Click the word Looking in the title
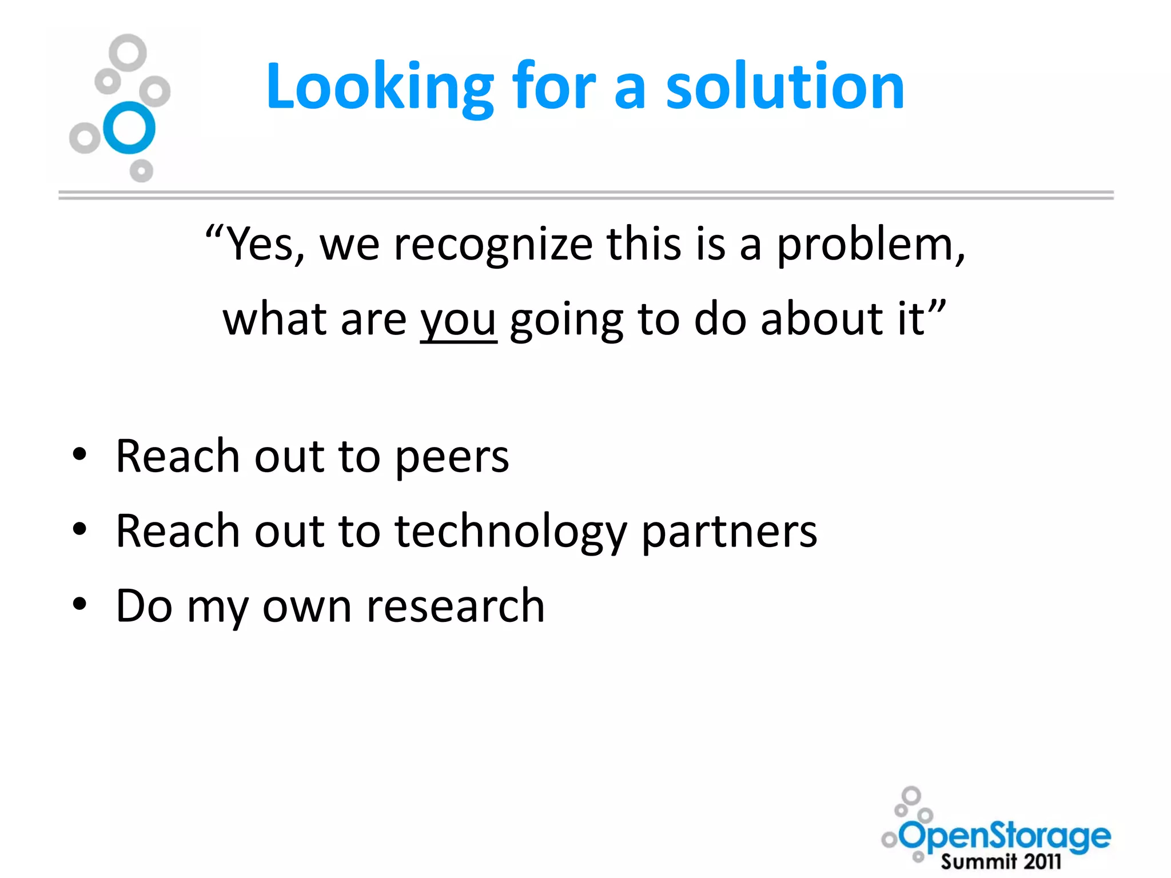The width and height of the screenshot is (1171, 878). point(380,87)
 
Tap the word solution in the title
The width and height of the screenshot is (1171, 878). point(785,87)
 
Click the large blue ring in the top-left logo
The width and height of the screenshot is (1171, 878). point(129,127)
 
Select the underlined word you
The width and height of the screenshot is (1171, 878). point(458,320)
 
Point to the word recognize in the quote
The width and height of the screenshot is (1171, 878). point(493,245)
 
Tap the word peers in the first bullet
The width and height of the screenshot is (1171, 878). point(452,457)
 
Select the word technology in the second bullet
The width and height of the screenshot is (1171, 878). point(511,532)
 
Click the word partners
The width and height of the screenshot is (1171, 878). point(729,532)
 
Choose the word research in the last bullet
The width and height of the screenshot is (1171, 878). point(455,606)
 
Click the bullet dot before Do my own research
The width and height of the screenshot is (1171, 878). point(80,604)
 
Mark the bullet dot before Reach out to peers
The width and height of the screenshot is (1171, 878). point(80,455)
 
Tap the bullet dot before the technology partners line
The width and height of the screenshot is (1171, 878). point(80,530)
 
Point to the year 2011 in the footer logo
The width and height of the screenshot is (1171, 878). point(1042,861)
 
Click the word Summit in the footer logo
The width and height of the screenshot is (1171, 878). point(979,861)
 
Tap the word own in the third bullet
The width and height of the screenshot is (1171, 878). point(306,606)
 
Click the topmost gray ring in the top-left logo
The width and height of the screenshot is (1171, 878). point(128,53)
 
